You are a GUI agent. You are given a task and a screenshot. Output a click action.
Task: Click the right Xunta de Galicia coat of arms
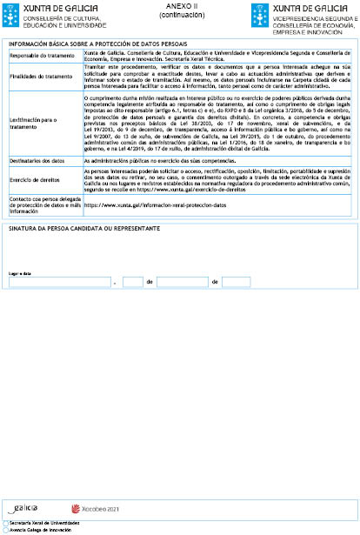[x=259, y=13]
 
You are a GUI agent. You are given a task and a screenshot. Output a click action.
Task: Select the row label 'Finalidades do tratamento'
[x=41, y=76]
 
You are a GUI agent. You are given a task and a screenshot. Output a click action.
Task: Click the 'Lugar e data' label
[x=20, y=273]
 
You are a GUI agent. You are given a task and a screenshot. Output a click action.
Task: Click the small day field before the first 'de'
[x=131, y=282]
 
